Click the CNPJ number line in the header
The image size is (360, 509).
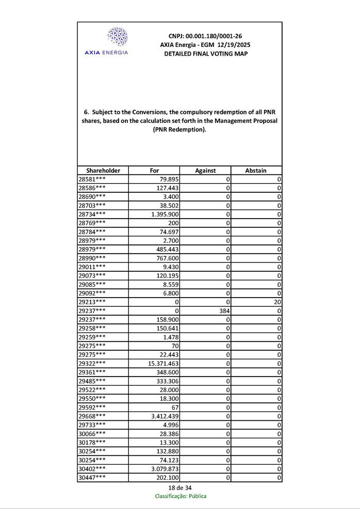(205, 36)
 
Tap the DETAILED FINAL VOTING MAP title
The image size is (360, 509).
(205, 54)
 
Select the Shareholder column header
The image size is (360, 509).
(103, 170)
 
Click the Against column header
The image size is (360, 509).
(205, 170)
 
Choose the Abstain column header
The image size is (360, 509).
(256, 170)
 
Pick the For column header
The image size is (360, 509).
(154, 170)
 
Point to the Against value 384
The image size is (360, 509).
(223, 311)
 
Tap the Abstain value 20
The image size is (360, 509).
(277, 302)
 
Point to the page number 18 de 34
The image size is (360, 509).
(179, 487)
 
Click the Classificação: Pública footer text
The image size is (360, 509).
(181, 496)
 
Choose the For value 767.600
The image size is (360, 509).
(168, 258)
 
